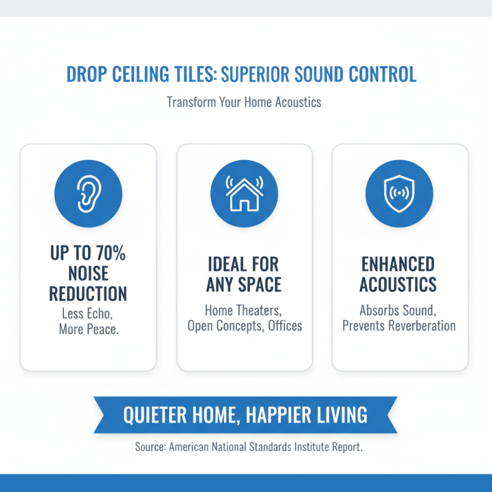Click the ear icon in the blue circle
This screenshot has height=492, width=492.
[88, 193]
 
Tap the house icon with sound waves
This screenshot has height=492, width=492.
[244, 193]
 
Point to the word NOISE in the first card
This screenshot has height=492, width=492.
[88, 273]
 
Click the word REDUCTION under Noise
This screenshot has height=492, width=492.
[88, 293]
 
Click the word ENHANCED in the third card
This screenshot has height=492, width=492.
[397, 265]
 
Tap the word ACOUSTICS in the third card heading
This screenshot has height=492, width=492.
[398, 285]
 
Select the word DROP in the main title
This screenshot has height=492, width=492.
[87, 75]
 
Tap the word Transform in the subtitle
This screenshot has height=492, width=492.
[191, 101]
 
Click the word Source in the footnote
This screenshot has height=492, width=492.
[149, 447]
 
